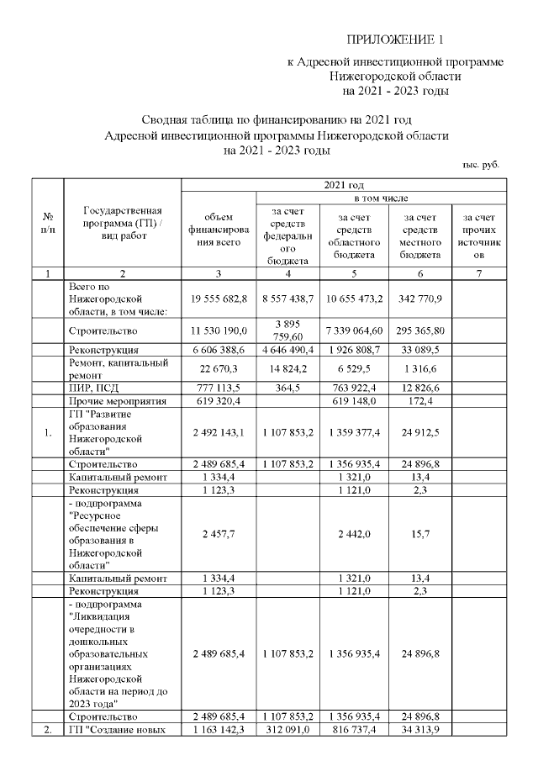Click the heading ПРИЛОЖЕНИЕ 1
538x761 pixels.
point(394,40)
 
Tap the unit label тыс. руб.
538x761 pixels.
point(481,165)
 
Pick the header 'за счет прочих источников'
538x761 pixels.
point(480,235)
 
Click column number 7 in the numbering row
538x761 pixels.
point(480,273)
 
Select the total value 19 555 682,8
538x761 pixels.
point(218,299)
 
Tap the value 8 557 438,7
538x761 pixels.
point(288,299)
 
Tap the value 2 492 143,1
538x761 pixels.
point(218,432)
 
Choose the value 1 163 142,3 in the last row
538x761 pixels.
point(218,730)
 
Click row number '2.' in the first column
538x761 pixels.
point(48,730)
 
